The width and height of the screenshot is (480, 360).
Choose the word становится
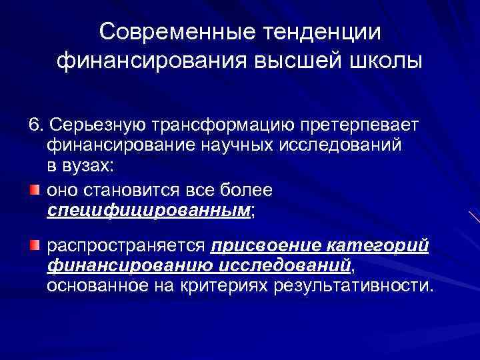point(140,191)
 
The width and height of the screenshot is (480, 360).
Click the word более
point(247,191)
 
